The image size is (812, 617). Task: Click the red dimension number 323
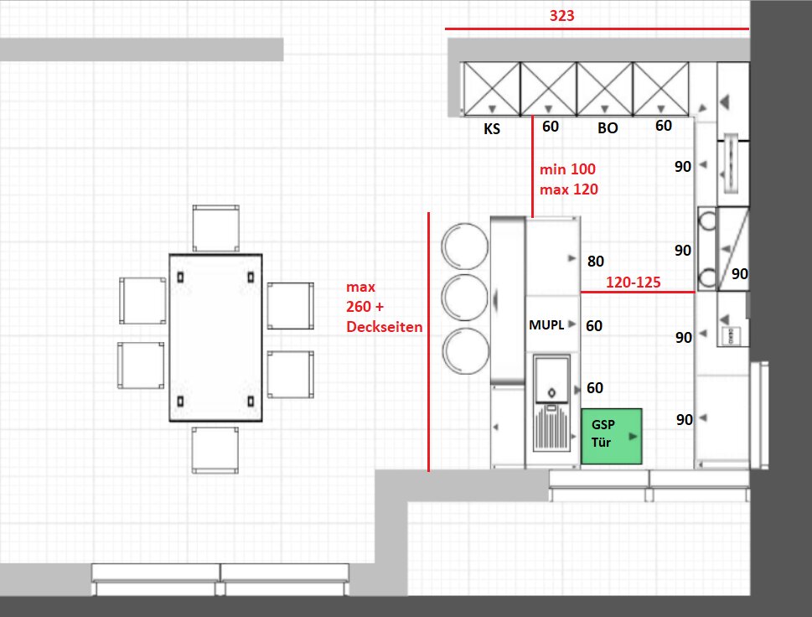coord(562,16)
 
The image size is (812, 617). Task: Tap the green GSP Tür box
coord(612,436)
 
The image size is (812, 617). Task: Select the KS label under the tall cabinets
coord(492,128)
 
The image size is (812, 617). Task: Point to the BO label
coord(608,128)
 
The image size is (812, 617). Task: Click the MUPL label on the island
coord(546,324)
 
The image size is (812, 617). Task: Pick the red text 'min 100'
coord(567,169)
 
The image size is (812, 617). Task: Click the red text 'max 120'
coord(569,189)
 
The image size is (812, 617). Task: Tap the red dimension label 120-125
coord(634,282)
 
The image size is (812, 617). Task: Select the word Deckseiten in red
coord(385,327)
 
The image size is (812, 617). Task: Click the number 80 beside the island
coord(596,261)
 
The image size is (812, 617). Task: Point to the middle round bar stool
coord(465,298)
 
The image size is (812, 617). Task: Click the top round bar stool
coord(464,246)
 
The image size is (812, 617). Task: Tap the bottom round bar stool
coord(466,350)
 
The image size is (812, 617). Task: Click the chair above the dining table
coord(216,228)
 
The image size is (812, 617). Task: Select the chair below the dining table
coord(215,450)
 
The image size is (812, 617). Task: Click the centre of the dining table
coord(216,338)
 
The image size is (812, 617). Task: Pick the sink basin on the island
coord(552,379)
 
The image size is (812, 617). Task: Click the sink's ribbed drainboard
coord(551,428)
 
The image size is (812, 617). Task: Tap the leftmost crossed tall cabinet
coord(491,89)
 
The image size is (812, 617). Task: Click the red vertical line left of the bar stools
coord(428,342)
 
